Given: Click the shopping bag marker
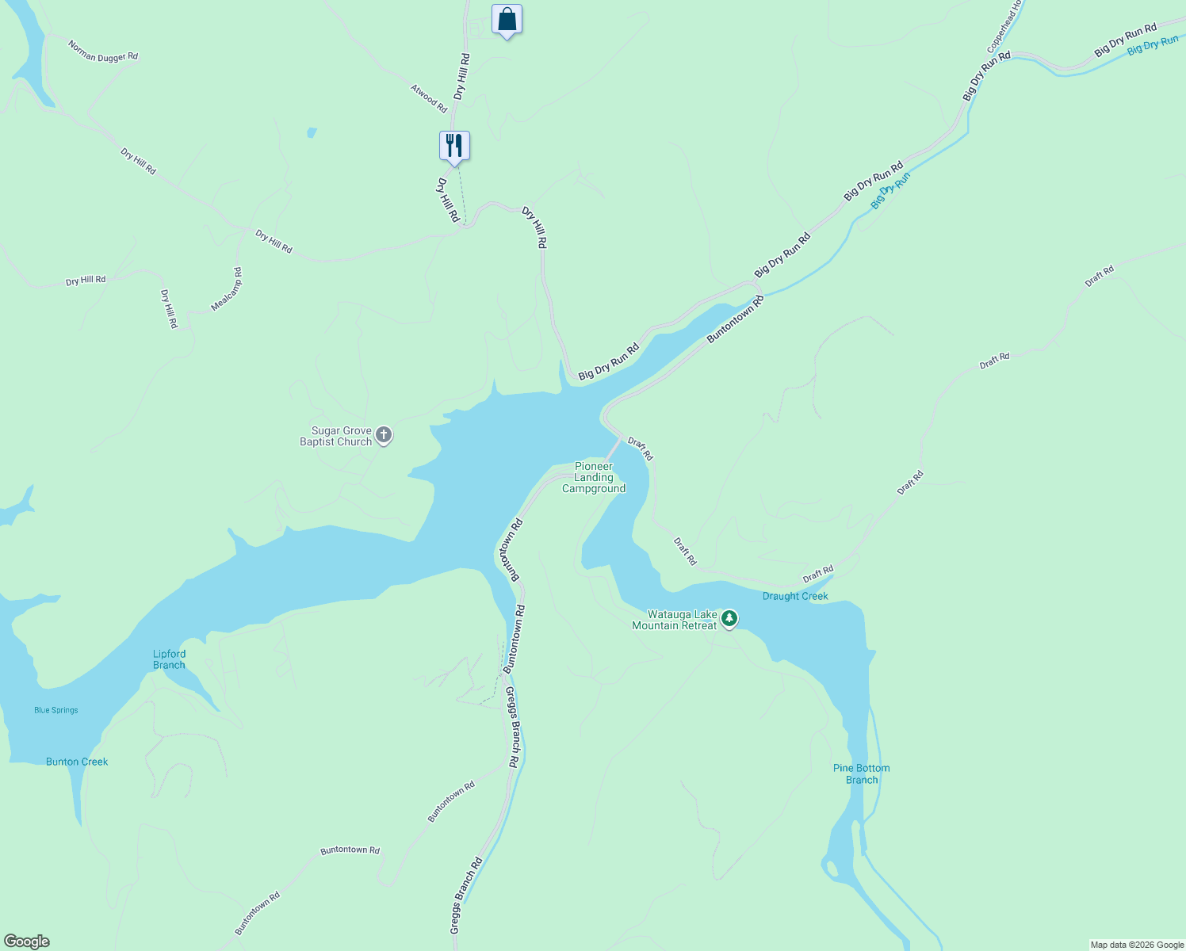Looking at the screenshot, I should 507,19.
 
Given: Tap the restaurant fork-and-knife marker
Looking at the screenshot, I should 454,146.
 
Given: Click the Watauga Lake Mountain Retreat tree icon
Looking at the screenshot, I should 729,618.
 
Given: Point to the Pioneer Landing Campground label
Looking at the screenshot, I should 594,478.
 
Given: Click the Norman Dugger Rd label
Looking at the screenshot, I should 103,52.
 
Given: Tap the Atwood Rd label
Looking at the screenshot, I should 429,97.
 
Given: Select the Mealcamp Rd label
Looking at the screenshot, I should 227,289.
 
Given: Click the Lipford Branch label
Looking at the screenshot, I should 169,659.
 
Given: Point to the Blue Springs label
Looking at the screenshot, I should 56,710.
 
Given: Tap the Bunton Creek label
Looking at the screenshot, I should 77,762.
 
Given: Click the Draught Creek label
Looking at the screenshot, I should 795,596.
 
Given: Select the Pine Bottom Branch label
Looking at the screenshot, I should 862,773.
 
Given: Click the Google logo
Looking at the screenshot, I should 27,941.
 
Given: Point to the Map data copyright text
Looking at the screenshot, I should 1137,945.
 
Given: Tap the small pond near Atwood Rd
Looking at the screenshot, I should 312,132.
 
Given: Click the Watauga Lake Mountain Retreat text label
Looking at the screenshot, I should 675,620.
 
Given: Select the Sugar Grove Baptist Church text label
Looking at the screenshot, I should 336,437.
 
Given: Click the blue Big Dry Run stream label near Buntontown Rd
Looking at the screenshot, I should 890,191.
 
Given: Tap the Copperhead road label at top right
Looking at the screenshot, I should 1001,27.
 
